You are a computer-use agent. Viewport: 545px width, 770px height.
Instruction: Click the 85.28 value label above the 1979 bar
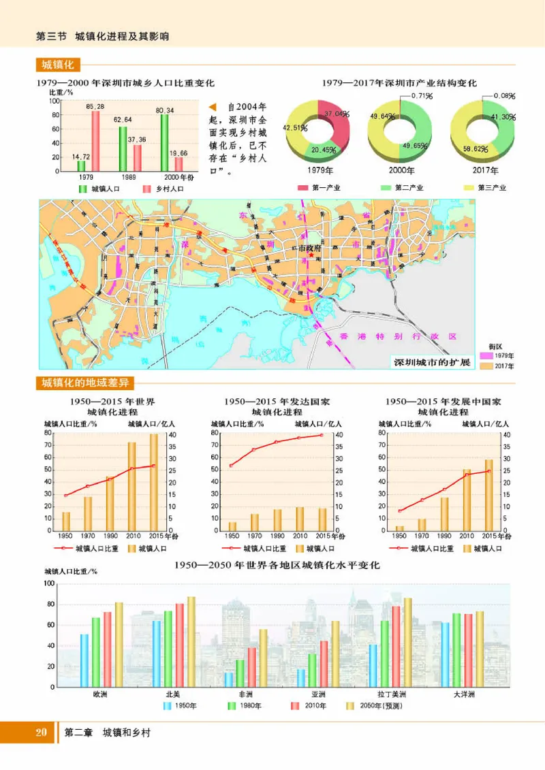(95, 107)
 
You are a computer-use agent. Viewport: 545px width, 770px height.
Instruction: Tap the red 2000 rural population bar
(179, 164)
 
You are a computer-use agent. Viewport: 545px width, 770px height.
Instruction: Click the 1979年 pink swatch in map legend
(487, 355)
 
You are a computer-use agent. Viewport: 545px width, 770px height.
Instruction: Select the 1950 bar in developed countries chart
(232, 526)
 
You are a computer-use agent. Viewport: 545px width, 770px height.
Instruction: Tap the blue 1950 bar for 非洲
(228, 679)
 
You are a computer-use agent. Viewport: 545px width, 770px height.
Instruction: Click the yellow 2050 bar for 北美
(191, 642)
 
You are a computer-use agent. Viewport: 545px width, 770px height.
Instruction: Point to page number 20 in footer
(41, 733)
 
